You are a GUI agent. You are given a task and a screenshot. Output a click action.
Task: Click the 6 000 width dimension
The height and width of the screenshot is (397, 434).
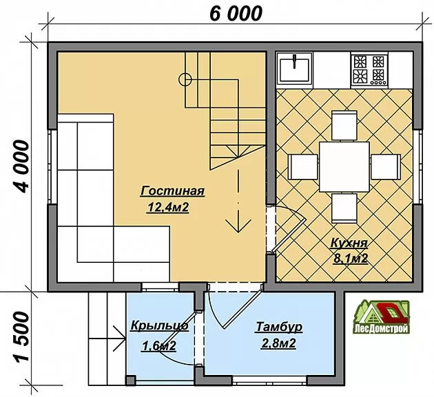point(236,14)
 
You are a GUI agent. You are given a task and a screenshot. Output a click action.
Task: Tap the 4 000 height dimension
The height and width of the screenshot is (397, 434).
point(21,167)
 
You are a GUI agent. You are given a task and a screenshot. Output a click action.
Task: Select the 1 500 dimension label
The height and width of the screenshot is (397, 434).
point(21,336)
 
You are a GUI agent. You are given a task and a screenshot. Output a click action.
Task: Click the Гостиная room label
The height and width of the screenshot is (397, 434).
point(172,191)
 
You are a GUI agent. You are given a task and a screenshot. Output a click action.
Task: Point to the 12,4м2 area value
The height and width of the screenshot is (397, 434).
point(169,207)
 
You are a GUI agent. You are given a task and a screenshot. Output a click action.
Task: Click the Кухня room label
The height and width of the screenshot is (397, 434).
point(349,243)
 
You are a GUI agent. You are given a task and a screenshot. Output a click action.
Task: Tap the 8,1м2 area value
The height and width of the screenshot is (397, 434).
point(351,259)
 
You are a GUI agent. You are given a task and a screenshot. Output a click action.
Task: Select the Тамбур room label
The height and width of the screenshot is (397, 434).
point(279,327)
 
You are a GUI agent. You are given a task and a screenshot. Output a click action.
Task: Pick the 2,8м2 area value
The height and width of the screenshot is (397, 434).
point(278,343)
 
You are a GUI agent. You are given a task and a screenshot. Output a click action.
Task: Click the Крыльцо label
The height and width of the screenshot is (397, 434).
point(159,325)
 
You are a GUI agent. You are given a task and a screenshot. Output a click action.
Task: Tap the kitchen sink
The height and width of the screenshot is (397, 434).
point(295,68)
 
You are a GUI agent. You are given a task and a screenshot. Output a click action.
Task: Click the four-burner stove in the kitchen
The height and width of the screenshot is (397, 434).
point(369,69)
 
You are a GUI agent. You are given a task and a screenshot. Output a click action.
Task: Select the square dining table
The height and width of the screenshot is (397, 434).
point(344,167)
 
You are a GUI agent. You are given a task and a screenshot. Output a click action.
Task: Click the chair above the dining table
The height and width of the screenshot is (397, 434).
point(344,125)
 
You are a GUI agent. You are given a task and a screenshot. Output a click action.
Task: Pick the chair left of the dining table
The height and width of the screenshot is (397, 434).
point(303,167)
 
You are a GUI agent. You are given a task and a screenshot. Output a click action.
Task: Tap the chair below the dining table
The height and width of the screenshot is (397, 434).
point(344,208)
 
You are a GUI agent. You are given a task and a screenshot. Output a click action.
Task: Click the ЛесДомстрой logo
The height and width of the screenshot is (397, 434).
point(381,317)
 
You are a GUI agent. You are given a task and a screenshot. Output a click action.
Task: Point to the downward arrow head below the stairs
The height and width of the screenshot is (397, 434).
point(238,225)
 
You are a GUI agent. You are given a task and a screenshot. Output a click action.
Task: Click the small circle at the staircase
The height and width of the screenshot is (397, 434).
point(185,80)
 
